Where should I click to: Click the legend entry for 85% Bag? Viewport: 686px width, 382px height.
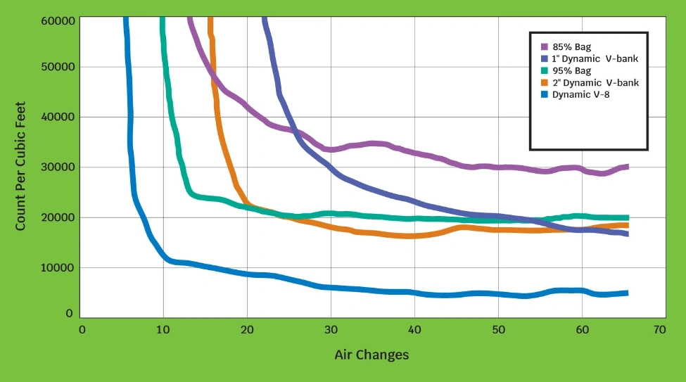click(x=571, y=47)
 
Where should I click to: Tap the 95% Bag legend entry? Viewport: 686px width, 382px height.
click(x=571, y=70)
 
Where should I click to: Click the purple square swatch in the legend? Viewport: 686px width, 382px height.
click(x=544, y=47)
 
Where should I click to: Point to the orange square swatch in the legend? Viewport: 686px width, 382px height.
click(x=544, y=82)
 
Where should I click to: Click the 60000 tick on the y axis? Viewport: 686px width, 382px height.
click(x=58, y=20)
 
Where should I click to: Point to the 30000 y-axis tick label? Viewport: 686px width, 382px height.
click(x=58, y=167)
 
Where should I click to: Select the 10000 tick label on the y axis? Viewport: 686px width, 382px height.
click(x=58, y=267)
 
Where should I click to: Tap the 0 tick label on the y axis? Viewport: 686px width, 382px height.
click(x=69, y=314)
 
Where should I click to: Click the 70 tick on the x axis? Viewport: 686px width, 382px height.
click(x=659, y=329)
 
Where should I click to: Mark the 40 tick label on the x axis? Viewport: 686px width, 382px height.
click(x=414, y=329)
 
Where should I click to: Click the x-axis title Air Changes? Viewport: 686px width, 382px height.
click(x=371, y=355)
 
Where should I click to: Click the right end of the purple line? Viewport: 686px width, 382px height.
click(x=626, y=167)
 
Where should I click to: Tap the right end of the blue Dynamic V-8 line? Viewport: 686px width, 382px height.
click(x=626, y=293)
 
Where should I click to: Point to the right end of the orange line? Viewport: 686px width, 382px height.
click(x=626, y=225)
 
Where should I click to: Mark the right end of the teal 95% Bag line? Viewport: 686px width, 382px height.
click(x=626, y=217)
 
